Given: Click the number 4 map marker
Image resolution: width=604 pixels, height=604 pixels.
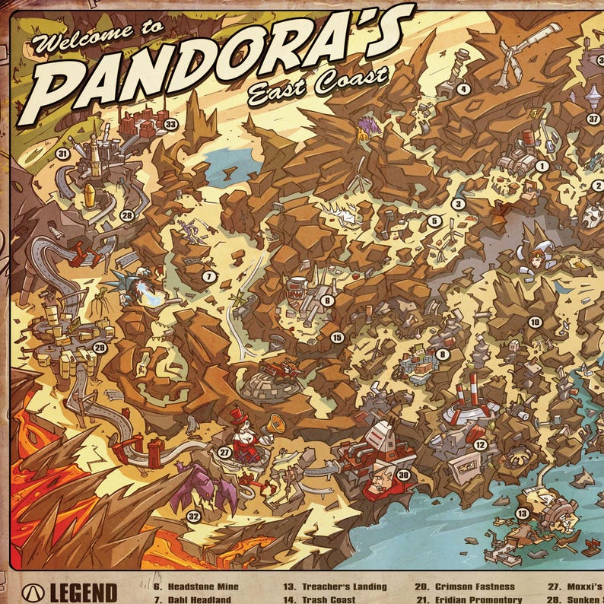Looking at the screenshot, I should pos(463,89).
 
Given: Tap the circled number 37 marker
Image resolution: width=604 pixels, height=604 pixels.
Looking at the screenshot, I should pos(593,119).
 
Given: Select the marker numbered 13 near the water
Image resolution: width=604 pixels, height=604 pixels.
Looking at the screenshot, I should pos(522,513).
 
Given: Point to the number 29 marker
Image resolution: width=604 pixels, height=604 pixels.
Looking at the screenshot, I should pos(99,348).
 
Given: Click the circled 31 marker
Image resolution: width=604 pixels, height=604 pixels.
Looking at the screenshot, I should pos(62,153).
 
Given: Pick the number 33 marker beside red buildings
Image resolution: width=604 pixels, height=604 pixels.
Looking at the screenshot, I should pos(170,124).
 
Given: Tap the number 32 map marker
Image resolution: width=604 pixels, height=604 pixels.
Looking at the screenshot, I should pos(193,517).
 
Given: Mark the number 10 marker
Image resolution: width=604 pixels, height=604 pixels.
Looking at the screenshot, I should pos(535,323).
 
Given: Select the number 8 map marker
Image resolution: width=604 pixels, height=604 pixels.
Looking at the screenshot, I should pos(442,354).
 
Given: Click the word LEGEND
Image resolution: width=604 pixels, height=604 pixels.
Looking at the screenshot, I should pos(84,592).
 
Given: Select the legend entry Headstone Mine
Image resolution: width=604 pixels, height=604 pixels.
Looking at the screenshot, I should pos(196,587).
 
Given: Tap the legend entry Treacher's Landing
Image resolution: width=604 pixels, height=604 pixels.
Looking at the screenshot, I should pos(335,587).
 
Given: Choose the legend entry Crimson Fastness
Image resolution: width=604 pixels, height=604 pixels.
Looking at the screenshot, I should pos(466,587).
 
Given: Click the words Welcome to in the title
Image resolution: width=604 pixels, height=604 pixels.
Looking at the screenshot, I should pos(98,36).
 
